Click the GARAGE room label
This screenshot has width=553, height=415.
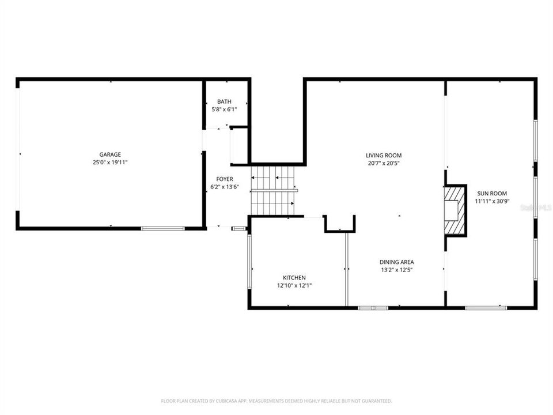[110, 154]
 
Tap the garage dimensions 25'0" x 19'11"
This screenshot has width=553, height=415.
[110, 163]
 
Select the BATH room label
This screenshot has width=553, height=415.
[224, 101]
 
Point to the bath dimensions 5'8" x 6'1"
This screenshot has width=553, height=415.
[224, 109]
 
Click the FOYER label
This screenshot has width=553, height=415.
[225, 179]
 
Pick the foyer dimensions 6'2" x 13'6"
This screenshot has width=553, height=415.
[225, 187]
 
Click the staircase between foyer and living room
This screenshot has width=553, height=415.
[272, 190]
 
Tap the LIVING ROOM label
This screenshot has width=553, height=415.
[384, 155]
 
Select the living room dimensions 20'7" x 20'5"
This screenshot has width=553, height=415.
[384, 163]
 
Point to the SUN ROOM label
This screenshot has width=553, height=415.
[491, 194]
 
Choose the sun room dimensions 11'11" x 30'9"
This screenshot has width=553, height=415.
[491, 202]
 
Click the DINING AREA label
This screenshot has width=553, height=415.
[396, 262]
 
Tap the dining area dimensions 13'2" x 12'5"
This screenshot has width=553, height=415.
[396, 270]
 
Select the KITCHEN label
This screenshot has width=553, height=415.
[294, 277]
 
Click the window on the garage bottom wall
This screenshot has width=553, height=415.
[163, 229]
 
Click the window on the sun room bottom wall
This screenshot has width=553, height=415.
[486, 308]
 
